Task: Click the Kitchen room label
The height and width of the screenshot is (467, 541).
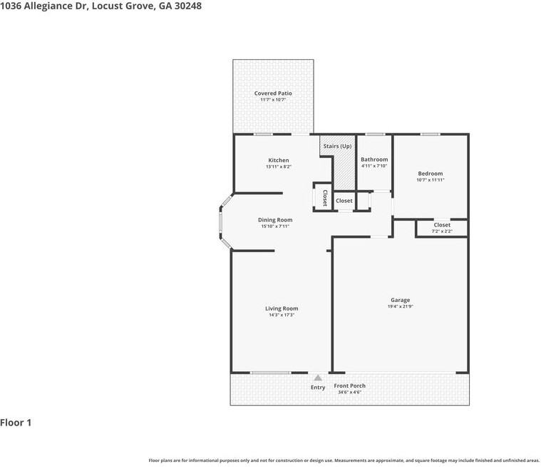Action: [x=279, y=160]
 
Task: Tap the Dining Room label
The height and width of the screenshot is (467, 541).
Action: [x=275, y=220]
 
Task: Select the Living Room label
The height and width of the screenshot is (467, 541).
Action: [x=282, y=308]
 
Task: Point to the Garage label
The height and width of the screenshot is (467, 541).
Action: [x=401, y=300]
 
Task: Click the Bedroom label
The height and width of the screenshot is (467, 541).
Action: [x=431, y=174]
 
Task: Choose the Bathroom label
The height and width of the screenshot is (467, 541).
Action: [x=374, y=159]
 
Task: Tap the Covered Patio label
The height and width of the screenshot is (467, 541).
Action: [x=273, y=94]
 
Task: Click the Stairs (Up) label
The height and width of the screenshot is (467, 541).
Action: [x=337, y=146]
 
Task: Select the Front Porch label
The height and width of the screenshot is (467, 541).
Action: [x=349, y=386]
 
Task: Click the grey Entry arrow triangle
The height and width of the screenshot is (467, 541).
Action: [x=318, y=378]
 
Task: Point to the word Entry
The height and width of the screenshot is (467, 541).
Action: [x=318, y=388]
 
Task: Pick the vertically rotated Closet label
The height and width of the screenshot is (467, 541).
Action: [x=324, y=198]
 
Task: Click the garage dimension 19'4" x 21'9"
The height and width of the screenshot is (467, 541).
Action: [x=401, y=306]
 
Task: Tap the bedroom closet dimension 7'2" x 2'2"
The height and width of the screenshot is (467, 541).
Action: [x=442, y=231]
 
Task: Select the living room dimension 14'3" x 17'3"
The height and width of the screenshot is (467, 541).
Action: [x=282, y=315]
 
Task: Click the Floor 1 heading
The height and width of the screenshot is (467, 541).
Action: [x=16, y=423]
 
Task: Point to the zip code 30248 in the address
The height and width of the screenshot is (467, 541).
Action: [x=187, y=6]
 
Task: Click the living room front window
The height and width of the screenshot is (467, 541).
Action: [x=271, y=373]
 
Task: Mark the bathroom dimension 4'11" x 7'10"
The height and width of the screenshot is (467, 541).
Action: [x=374, y=166]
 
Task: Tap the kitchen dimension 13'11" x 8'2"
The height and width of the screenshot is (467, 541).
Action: [x=279, y=166]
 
